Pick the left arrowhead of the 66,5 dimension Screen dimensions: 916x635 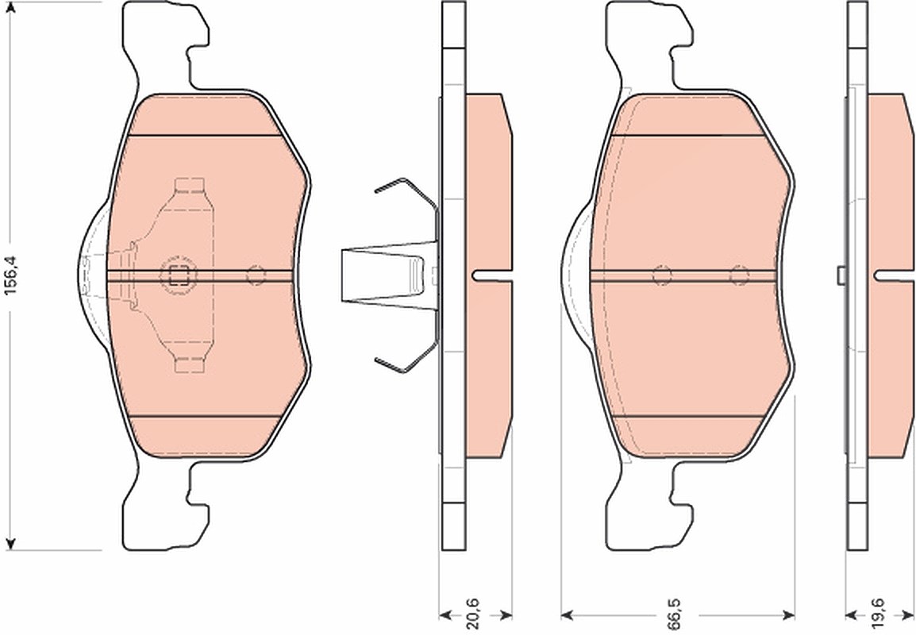click(568, 614)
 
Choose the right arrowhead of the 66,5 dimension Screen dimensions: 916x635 click(787, 614)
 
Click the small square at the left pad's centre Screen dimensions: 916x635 click(179, 275)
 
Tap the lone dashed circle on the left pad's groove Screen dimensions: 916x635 click(256, 275)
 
